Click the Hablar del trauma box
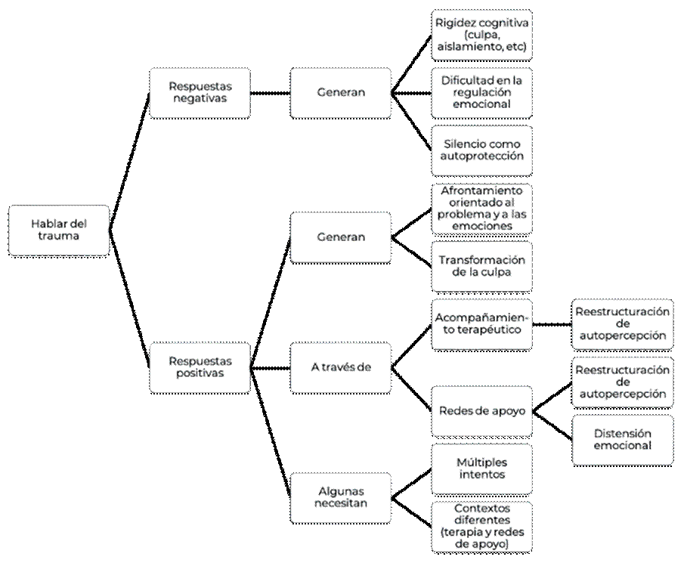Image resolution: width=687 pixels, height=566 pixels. [x=58, y=230]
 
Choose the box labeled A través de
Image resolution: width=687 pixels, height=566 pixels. [x=341, y=367]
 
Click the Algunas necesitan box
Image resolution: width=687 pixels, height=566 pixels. [x=341, y=497]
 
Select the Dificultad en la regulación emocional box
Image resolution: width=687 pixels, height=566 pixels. [x=481, y=92]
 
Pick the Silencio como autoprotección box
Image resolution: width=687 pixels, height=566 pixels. [x=481, y=150]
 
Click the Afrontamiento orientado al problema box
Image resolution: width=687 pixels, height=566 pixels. [x=481, y=208]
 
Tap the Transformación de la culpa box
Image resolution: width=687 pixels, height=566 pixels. [x=481, y=266]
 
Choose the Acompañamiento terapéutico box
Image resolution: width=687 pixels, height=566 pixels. [x=481, y=323]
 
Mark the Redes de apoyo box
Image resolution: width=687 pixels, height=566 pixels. [x=481, y=410]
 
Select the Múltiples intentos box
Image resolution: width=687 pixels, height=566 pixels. [x=481, y=469]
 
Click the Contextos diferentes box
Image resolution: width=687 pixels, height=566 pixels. [x=481, y=526]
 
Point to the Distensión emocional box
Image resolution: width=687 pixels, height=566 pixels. [x=622, y=439]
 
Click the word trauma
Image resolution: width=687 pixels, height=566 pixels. [x=58, y=236]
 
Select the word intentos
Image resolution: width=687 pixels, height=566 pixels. [x=481, y=475]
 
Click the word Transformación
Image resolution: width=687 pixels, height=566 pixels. [x=481, y=260]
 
